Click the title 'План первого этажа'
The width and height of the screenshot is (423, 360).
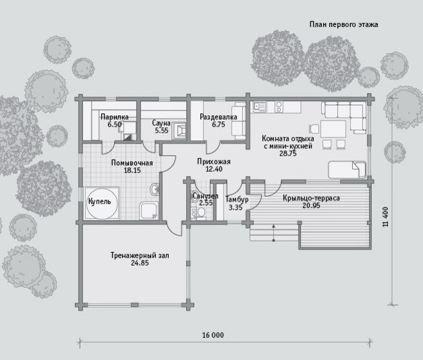tap(343, 25)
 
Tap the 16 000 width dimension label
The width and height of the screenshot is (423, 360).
tap(213, 335)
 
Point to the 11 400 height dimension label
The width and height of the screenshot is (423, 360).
tap(385, 216)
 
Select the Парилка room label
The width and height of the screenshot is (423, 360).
tap(115, 117)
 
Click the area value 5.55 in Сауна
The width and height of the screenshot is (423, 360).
tap(162, 131)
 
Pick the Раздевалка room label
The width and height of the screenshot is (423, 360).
tap(218, 117)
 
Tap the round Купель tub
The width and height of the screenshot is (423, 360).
tap(103, 204)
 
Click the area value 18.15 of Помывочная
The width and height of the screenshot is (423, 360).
tap(132, 171)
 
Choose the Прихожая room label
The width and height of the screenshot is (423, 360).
tap(214, 162)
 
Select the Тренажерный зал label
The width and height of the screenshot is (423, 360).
tap(140, 256)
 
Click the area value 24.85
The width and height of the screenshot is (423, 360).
tap(140, 263)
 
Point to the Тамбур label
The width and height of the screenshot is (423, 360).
tap(237, 200)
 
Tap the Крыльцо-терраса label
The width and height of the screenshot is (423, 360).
tap(311, 198)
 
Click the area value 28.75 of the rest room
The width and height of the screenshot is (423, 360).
tap(288, 154)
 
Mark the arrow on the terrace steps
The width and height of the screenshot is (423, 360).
tap(273, 232)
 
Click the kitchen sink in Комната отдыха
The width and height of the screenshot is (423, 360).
tap(259, 107)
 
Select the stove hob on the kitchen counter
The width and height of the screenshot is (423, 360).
tap(279, 107)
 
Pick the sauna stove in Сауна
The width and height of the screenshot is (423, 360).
tap(179, 131)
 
